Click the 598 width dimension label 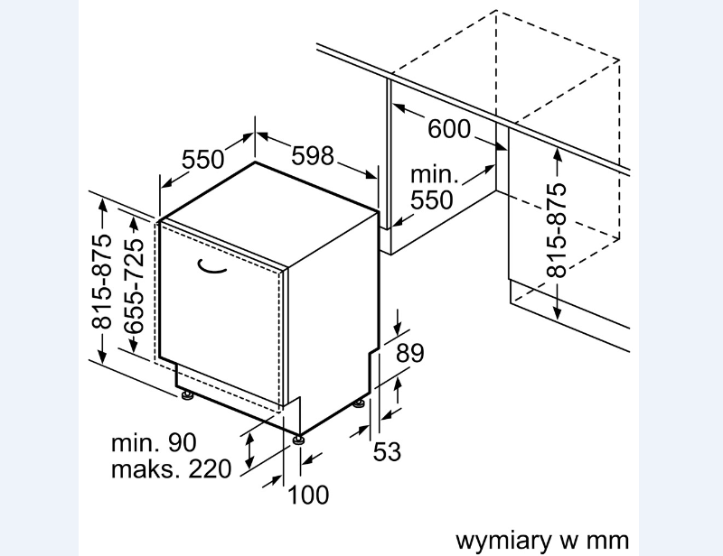coord(312,155)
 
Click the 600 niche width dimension coord(449,128)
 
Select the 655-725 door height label coord(135,286)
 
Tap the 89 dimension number coord(410,353)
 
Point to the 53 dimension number coord(387,451)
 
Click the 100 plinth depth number coord(308,495)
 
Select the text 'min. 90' coord(154,442)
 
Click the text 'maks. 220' coord(171,468)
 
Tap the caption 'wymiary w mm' coord(542,540)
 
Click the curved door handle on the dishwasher coord(211,267)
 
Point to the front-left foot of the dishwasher coord(187,395)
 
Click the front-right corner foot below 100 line coord(298,439)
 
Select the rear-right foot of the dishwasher coord(359,403)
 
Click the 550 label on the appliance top coord(202,160)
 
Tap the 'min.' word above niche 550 coord(435,174)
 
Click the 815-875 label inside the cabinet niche coord(556,230)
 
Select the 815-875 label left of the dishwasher coord(102,282)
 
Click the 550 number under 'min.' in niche coord(432,199)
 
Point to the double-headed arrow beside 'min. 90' coord(249,450)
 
